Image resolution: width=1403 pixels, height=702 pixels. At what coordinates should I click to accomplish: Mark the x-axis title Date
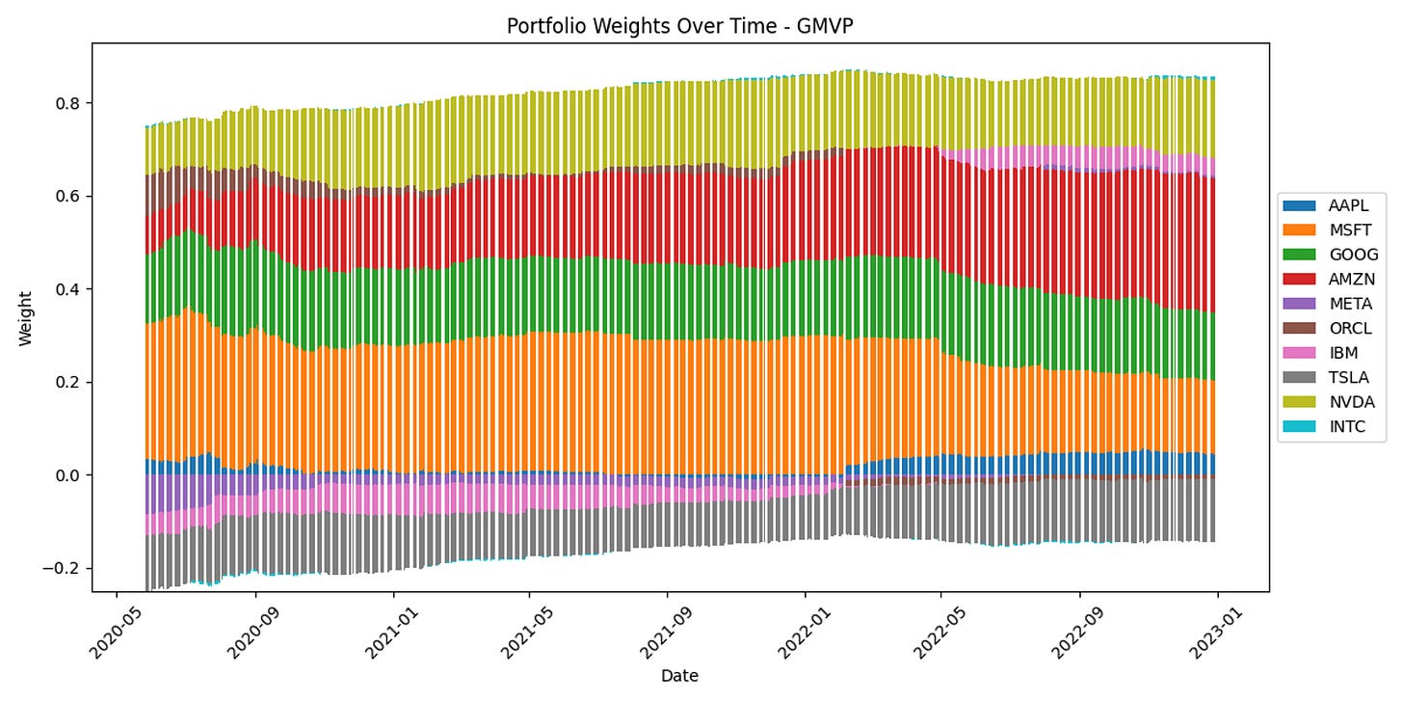pyautogui.click(x=678, y=676)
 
